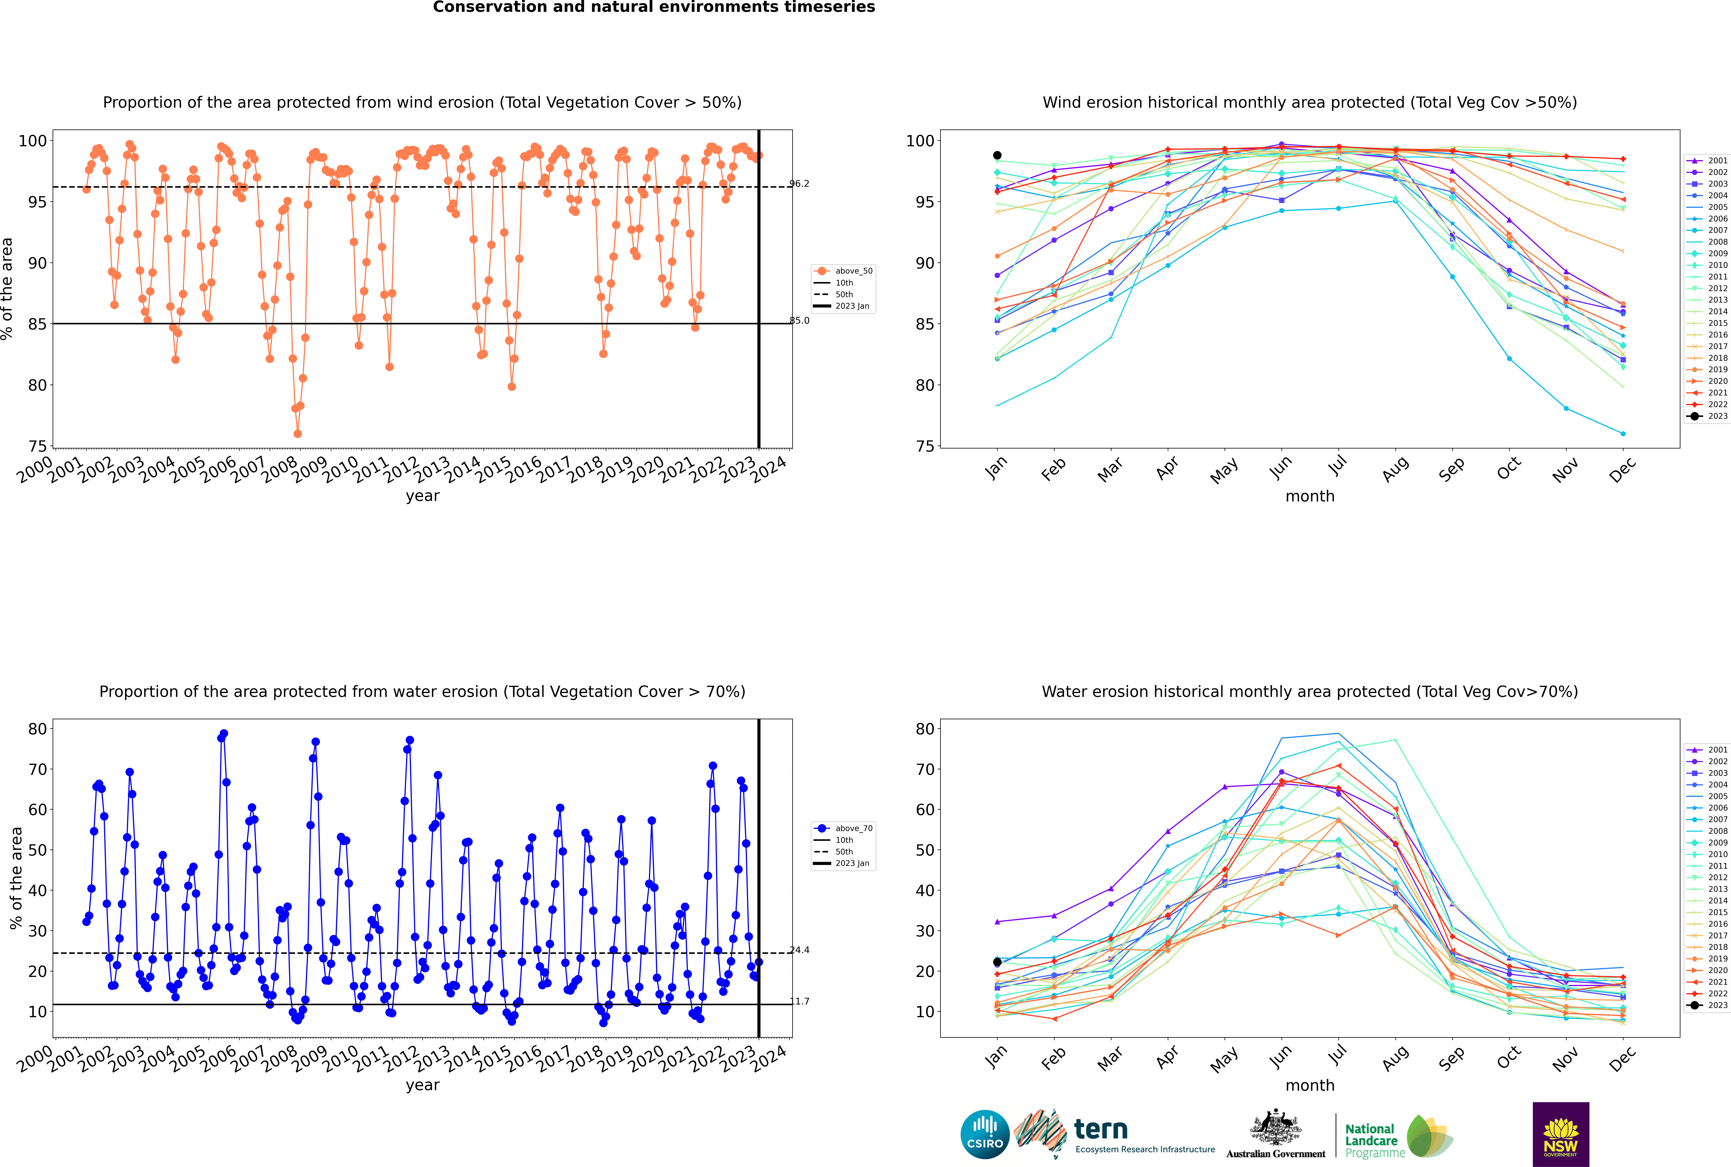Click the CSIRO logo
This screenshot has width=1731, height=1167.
[x=985, y=1134]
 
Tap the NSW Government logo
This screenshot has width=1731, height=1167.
[x=1561, y=1134]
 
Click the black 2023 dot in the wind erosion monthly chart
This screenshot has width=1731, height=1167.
[x=997, y=156]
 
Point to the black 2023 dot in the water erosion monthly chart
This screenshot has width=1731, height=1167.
[x=997, y=962]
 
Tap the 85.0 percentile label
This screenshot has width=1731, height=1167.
[x=799, y=321]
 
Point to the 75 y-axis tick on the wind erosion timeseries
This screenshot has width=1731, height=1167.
[x=37, y=447]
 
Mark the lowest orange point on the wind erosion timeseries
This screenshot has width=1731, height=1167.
[x=298, y=434]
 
